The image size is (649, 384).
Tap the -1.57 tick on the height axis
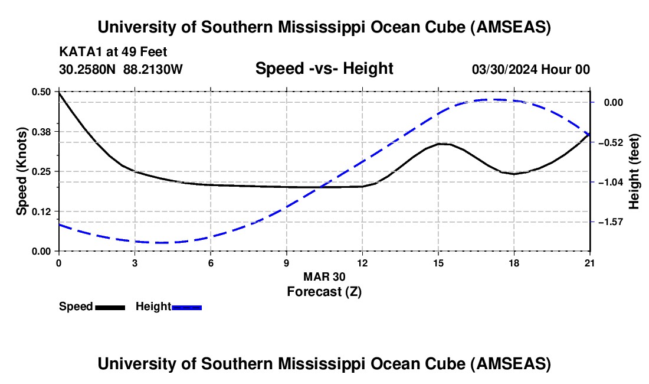click(x=608, y=222)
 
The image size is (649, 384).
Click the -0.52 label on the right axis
click(x=608, y=142)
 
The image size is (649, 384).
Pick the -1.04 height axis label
click(x=608, y=182)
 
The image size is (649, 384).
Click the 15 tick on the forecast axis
click(x=438, y=262)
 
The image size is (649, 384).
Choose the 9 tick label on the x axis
click(x=286, y=262)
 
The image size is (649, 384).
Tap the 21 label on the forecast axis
click(x=589, y=262)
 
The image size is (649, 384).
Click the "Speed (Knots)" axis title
click(x=22, y=171)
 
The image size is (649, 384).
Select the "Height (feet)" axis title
click(x=634, y=171)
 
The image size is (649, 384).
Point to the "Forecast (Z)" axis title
click(x=324, y=291)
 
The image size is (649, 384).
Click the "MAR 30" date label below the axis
click(x=324, y=276)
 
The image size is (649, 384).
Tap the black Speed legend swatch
click(x=110, y=307)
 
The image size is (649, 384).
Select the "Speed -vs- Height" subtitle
click(x=324, y=69)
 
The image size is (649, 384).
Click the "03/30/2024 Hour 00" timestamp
click(x=531, y=70)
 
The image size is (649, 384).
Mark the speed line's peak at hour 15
click(x=439, y=144)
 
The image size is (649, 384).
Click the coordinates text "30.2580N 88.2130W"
click(x=121, y=70)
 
